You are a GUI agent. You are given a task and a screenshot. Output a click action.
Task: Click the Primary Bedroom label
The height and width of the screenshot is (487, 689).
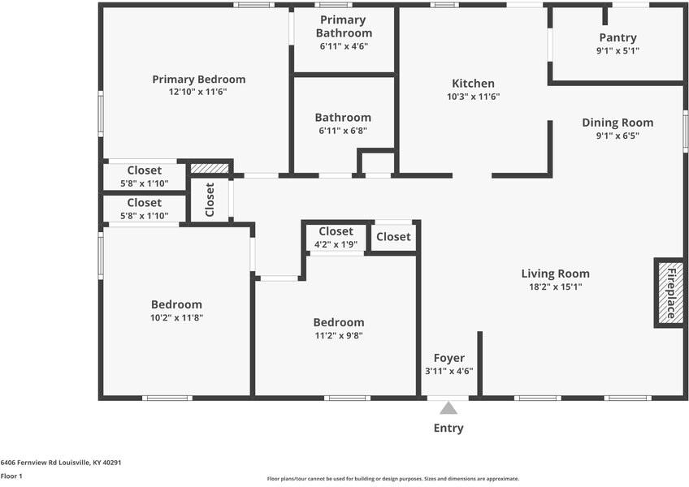point(198,80)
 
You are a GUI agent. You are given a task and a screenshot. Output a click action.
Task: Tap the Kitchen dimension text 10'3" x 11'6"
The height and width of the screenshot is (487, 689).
point(473,97)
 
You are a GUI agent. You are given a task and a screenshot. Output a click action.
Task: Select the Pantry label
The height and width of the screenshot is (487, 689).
point(617,37)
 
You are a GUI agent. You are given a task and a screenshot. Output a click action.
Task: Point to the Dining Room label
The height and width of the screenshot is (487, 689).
point(617,123)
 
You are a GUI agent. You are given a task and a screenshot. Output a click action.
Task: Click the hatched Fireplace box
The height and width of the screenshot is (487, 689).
point(670,292)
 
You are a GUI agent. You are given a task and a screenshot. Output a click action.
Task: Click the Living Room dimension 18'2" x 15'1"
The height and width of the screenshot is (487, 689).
point(555,287)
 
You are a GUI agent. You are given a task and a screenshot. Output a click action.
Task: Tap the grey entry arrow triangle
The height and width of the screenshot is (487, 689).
point(448,408)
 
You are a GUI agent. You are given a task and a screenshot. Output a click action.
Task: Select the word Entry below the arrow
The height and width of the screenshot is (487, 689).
point(448,428)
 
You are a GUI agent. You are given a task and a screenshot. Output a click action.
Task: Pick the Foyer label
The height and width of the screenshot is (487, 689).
point(448,358)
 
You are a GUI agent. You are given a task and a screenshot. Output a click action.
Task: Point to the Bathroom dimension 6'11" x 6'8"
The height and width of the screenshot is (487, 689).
point(344,131)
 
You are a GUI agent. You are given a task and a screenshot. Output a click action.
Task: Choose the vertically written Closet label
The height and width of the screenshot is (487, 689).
point(210,199)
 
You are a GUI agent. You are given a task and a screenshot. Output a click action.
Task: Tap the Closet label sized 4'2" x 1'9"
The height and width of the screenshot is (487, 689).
point(336,231)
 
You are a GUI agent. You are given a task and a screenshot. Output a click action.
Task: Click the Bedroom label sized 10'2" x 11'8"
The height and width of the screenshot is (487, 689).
point(176,304)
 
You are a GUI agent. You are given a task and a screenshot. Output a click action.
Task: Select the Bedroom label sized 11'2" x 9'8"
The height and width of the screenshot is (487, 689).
point(339,322)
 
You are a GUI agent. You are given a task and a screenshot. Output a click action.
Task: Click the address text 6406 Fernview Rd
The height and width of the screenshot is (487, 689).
point(61,462)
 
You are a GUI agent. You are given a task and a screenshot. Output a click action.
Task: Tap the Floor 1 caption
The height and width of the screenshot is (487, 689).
point(11,476)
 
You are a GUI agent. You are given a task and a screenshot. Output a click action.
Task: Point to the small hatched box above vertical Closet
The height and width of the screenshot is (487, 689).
point(210,168)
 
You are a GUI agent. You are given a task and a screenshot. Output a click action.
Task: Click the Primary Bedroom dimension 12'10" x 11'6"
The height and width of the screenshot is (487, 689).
point(198,93)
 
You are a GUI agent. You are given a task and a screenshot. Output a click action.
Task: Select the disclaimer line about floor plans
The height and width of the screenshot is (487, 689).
point(392,479)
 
